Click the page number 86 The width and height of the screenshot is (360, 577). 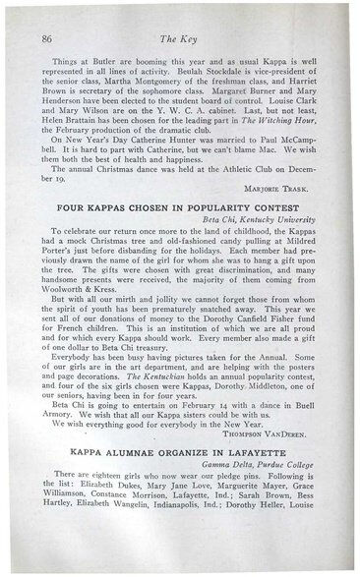pos(46,38)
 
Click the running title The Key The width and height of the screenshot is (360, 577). pos(186,38)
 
